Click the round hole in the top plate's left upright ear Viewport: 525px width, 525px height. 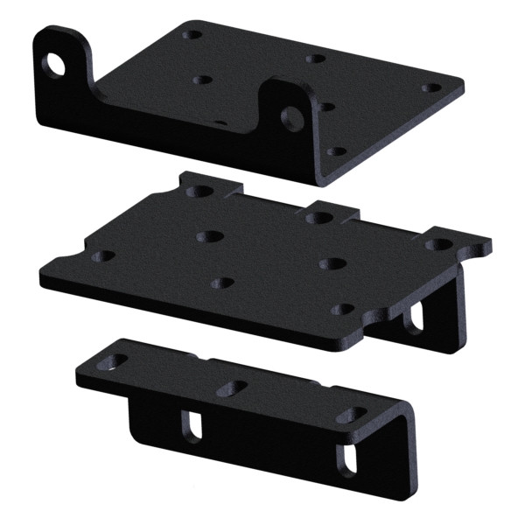point(59,64)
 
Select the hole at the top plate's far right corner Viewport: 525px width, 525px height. point(430,88)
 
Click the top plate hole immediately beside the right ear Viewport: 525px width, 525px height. point(325,107)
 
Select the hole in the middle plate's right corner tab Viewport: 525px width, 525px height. point(434,244)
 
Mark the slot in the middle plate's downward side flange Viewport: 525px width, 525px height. point(412,317)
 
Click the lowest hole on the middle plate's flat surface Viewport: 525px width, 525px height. point(344,311)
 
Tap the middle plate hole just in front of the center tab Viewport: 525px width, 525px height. point(330,263)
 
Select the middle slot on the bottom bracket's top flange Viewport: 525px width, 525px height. point(231,387)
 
